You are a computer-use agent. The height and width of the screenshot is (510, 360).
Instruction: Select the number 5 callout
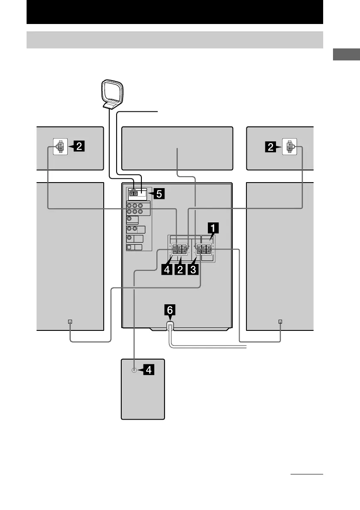pyautogui.click(x=158, y=194)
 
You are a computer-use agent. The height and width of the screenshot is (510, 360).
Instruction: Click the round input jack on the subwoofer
pyautogui.click(x=135, y=371)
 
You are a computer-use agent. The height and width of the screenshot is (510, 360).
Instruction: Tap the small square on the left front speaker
pyautogui.click(x=70, y=321)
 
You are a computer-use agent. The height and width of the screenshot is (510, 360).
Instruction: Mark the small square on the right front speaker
pyautogui.click(x=280, y=321)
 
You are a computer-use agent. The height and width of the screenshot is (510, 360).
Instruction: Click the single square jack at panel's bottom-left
pyautogui.click(x=129, y=247)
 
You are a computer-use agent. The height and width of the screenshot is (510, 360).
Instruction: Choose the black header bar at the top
pyautogui.click(x=174, y=12)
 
